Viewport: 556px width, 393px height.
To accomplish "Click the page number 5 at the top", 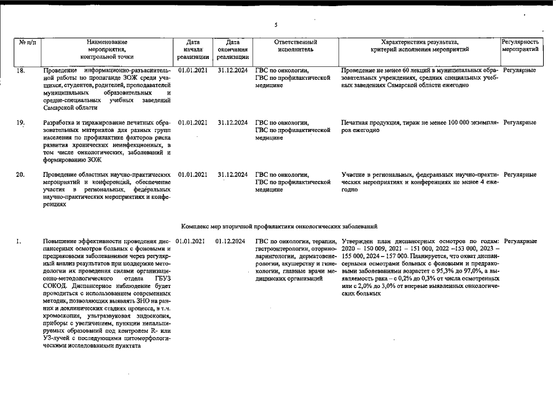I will (276, 25).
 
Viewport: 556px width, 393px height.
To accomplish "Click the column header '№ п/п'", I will (28, 42).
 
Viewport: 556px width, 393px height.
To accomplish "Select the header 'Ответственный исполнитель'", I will (296, 45).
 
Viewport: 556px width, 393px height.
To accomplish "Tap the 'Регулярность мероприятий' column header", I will (520, 45).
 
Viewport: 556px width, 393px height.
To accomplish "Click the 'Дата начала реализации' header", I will (192, 49).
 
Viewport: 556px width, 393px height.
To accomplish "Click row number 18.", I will (20, 71).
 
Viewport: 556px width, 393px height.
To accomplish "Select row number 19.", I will (20, 123).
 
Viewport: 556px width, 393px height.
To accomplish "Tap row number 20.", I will (20, 175).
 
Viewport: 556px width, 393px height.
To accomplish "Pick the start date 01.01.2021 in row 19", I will (192, 123).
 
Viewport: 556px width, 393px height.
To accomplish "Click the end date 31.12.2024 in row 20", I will (232, 175).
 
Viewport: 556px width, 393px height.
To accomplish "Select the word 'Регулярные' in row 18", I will (519, 70).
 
